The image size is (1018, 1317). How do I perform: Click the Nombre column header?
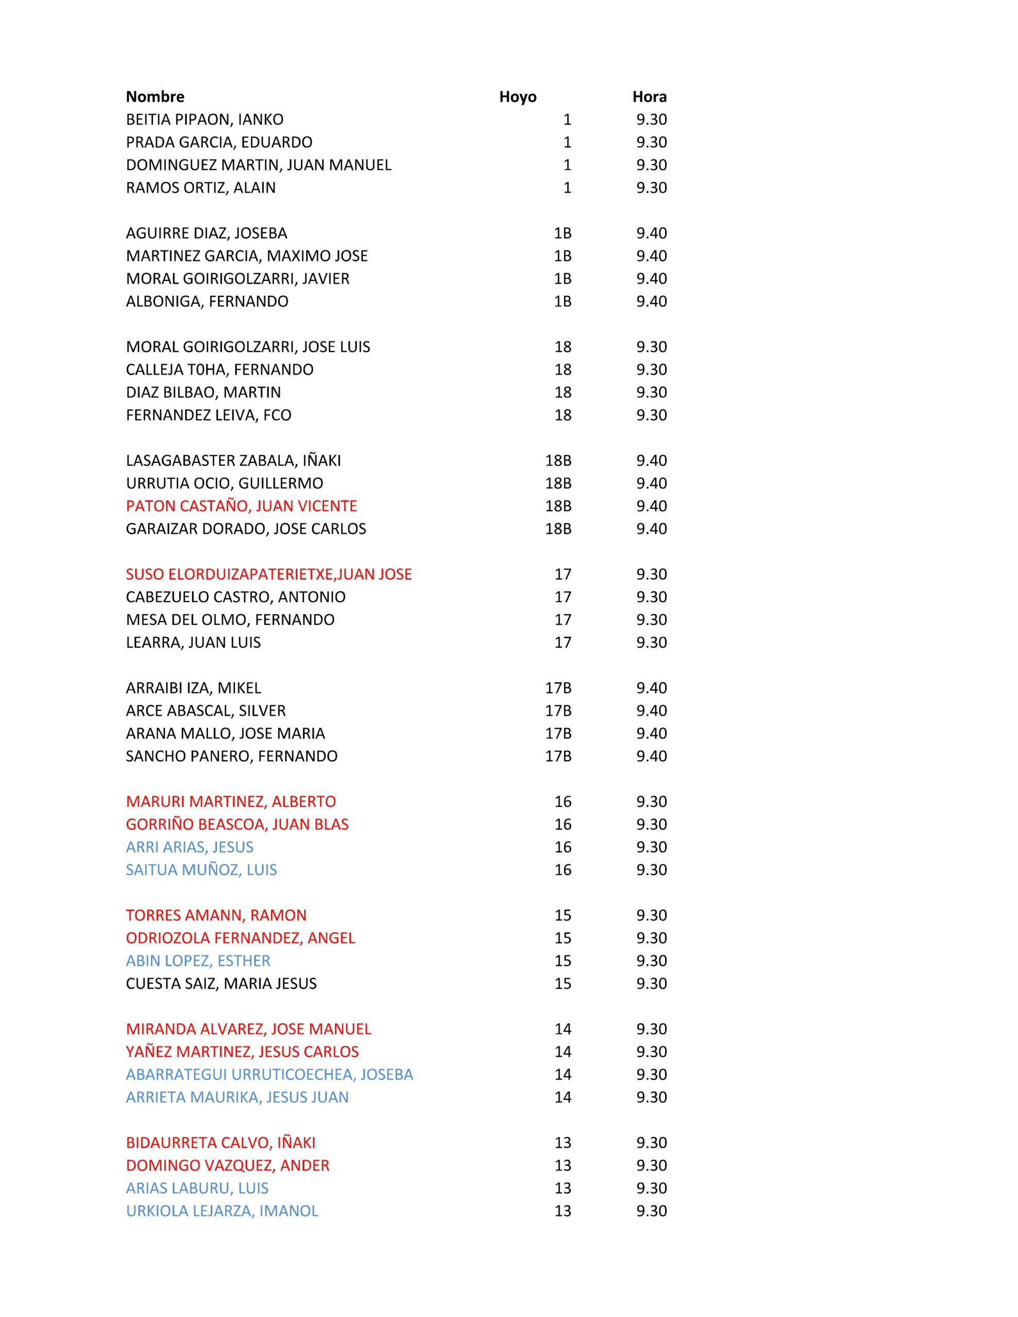pyautogui.click(x=155, y=97)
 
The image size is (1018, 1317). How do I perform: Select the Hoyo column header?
pyautogui.click(x=517, y=97)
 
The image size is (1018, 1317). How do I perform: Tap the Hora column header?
pyautogui.click(x=650, y=97)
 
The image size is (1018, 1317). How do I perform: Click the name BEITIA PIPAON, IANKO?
pyautogui.click(x=204, y=119)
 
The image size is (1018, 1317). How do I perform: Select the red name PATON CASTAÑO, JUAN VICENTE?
pyautogui.click(x=241, y=505)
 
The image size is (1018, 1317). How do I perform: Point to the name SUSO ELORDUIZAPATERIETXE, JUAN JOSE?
pyautogui.click(x=269, y=574)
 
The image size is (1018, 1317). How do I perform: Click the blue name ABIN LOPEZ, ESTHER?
pyautogui.click(x=198, y=960)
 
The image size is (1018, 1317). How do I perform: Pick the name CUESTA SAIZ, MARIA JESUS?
pyautogui.click(x=221, y=983)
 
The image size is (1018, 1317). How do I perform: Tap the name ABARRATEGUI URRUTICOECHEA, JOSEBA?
pyautogui.click(x=269, y=1074)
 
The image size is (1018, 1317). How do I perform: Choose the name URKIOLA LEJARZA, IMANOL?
pyautogui.click(x=221, y=1211)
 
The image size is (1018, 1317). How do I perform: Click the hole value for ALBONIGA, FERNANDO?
pyautogui.click(x=563, y=301)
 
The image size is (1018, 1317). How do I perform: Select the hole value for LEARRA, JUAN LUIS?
pyautogui.click(x=563, y=642)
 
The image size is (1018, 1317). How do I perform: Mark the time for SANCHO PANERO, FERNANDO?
pyautogui.click(x=651, y=756)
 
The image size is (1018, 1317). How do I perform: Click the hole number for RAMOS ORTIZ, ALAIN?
pyautogui.click(x=567, y=188)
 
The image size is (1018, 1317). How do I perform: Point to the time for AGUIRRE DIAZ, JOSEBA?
pyautogui.click(x=651, y=233)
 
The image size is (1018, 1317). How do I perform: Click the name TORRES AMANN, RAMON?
pyautogui.click(x=216, y=915)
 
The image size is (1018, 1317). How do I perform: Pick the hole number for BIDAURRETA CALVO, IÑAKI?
pyautogui.click(x=563, y=1142)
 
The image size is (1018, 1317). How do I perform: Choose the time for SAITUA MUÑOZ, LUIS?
pyautogui.click(x=651, y=869)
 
